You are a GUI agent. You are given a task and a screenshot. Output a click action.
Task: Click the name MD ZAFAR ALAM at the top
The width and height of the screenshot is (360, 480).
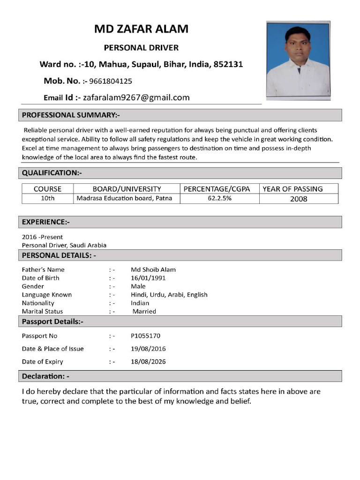point(141,30)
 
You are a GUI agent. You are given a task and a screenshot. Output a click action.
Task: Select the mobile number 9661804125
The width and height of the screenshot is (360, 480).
point(110,81)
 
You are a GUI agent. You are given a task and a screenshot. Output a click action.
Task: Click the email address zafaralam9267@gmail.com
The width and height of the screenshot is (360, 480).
point(136,97)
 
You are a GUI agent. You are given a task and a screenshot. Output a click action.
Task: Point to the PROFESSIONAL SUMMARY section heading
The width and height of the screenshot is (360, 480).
point(71,115)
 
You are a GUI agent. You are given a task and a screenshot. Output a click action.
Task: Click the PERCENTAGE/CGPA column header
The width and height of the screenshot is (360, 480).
point(219,189)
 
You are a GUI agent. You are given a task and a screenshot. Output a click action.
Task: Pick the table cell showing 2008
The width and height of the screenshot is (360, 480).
point(299,199)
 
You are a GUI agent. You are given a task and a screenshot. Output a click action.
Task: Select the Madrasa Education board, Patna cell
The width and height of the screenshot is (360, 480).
point(124,198)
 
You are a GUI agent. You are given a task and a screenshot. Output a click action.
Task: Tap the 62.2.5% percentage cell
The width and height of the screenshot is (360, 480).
point(219,198)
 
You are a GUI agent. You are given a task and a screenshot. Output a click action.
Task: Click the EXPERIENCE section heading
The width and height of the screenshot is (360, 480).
point(46,222)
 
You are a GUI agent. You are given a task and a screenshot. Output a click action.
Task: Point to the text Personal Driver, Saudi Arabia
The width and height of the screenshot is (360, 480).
point(64,245)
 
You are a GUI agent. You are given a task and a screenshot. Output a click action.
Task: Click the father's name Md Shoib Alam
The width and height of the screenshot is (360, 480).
point(153,270)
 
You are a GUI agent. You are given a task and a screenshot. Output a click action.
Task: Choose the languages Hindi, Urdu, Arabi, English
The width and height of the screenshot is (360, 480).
point(169,295)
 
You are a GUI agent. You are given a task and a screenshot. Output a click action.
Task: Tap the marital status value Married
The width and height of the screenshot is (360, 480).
point(144,311)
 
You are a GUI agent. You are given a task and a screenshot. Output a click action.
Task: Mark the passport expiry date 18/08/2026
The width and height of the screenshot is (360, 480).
point(148,362)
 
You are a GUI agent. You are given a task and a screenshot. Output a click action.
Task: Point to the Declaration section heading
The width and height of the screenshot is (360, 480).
point(45,376)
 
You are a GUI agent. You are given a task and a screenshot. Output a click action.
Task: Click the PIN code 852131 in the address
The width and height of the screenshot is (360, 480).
point(228,64)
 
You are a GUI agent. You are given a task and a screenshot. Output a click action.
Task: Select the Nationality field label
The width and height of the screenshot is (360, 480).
point(38,303)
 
